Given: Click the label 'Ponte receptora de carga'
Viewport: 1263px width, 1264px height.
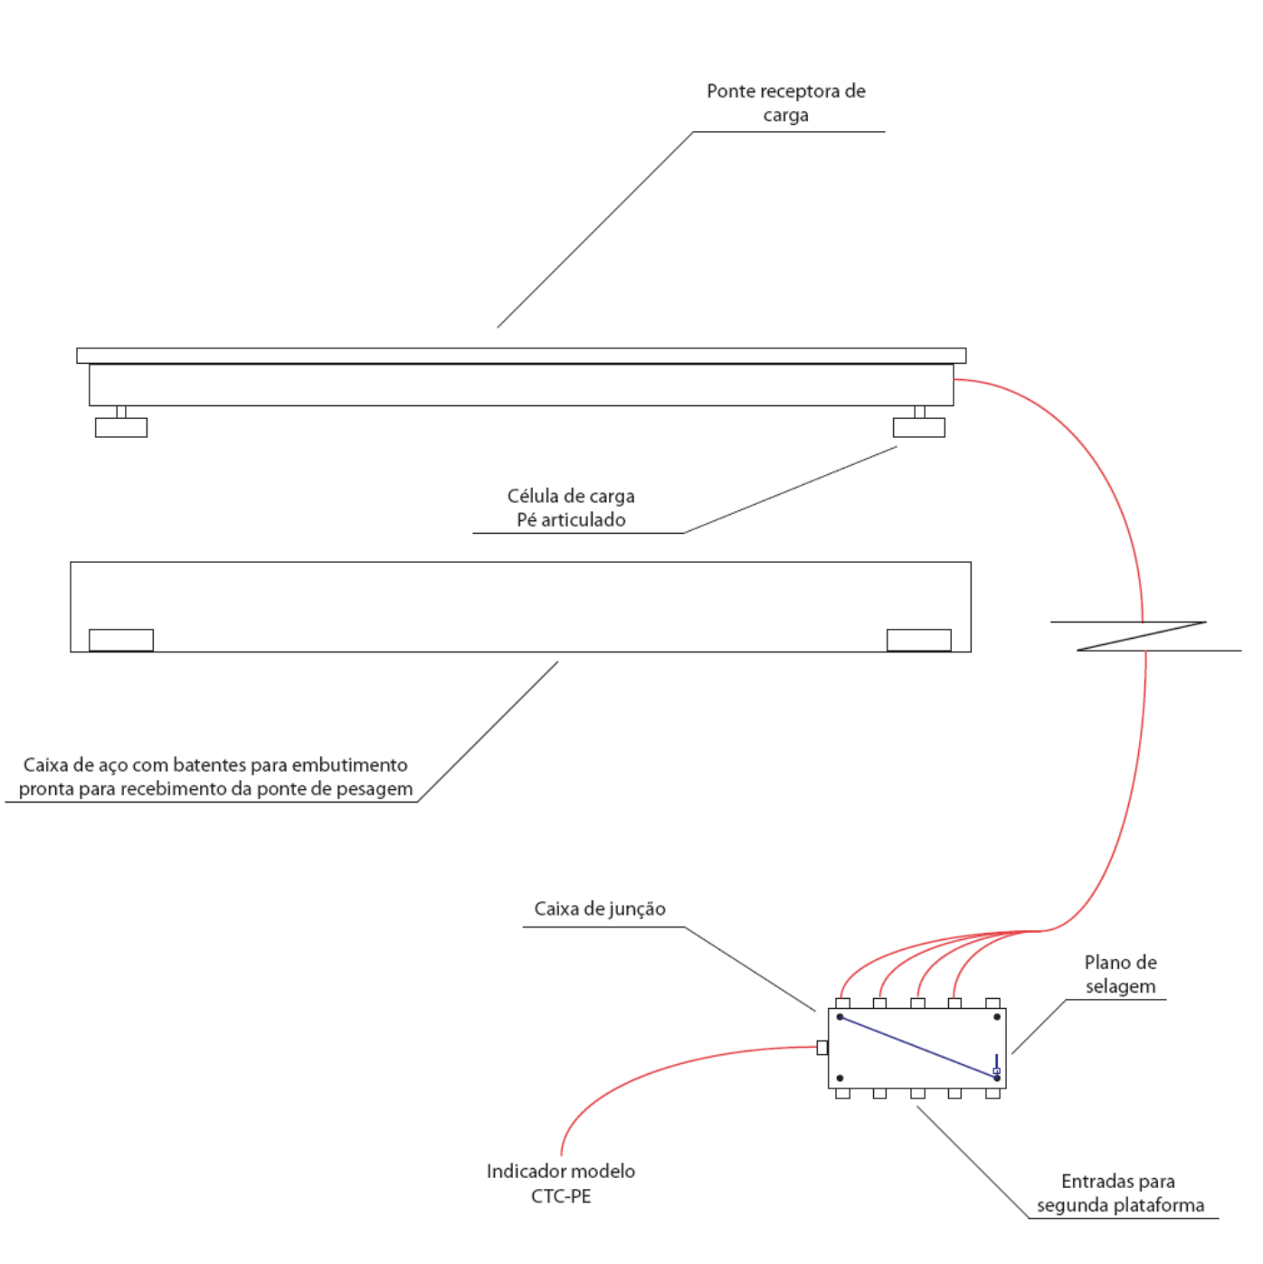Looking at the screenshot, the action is pos(785,103).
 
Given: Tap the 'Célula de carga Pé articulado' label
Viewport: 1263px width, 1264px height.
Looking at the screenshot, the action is pos(571,508).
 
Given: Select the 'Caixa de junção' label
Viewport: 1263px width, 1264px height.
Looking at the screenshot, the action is pos(600,909).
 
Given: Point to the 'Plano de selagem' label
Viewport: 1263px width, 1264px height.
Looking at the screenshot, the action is pos(1120,974).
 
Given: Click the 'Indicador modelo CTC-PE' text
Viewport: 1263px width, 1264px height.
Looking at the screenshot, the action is pos(561,1183).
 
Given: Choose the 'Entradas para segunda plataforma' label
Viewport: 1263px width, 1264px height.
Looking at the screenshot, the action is pos(1121,1193).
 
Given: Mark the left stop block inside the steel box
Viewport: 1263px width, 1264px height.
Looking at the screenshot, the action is pos(121,641).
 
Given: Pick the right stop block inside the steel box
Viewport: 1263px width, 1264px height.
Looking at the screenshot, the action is pos(918,641).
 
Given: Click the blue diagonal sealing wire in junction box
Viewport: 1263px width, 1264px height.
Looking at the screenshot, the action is pos(918,1048).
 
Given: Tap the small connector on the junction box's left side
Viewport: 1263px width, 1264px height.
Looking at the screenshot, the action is pos(822,1048).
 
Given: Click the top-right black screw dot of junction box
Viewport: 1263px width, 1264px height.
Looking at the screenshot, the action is pos(997,1017).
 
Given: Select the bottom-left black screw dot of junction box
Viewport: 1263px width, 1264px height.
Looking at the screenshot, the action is pos(840,1079).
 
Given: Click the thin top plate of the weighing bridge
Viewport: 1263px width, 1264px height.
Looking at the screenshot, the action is pos(522,356).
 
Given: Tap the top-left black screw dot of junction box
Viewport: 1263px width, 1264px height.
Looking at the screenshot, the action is pos(840,1017).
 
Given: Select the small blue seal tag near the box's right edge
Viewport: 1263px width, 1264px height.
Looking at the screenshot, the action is pos(996,1071).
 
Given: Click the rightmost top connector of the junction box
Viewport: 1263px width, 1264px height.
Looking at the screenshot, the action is pos(992,1003).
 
